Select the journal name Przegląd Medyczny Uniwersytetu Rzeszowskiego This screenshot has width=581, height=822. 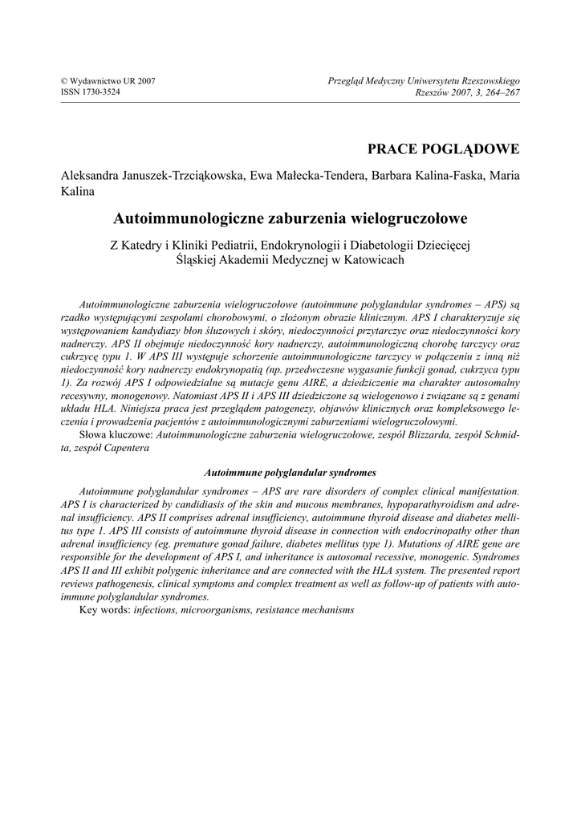[x=424, y=81]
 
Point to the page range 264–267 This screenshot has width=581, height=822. [x=502, y=92]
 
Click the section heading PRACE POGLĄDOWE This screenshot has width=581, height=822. [x=443, y=149]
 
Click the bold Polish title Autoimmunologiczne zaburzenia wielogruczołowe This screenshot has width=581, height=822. [x=290, y=218]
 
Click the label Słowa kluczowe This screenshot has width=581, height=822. [x=116, y=433]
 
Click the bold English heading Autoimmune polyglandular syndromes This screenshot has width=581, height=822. [x=290, y=472]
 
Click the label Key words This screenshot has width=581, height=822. [x=104, y=610]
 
